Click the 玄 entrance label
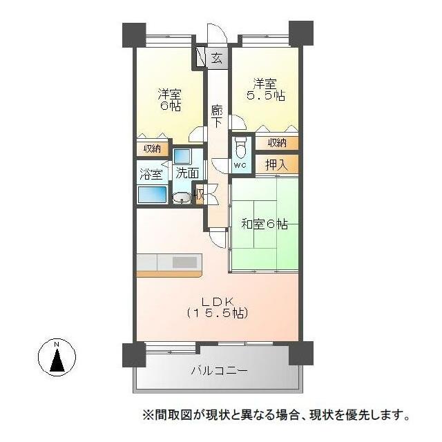click(x=216, y=58)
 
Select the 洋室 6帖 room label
click(x=170, y=99)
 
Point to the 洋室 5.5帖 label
click(x=265, y=90)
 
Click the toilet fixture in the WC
click(x=240, y=147)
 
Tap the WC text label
click(x=240, y=165)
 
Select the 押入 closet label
click(x=276, y=165)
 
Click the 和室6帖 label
click(x=265, y=224)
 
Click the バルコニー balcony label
click(x=220, y=370)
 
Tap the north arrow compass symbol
click(x=57, y=357)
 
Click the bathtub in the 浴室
click(x=152, y=195)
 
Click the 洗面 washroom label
click(x=187, y=173)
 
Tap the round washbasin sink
click(x=182, y=198)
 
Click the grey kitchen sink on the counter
click(x=184, y=262)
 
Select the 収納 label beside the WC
click(x=277, y=143)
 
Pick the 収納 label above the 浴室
click(x=152, y=149)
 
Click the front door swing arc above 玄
click(x=217, y=33)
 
